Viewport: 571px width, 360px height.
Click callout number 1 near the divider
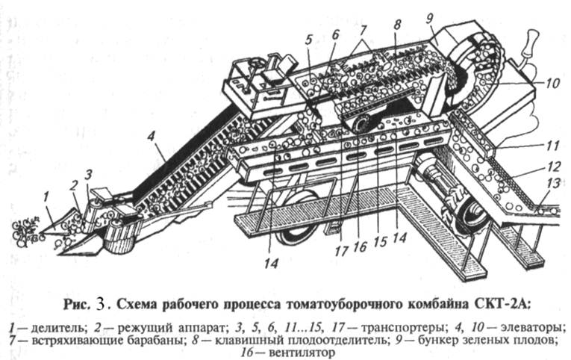tap(46, 196)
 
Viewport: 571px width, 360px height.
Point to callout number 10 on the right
tap(552, 84)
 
